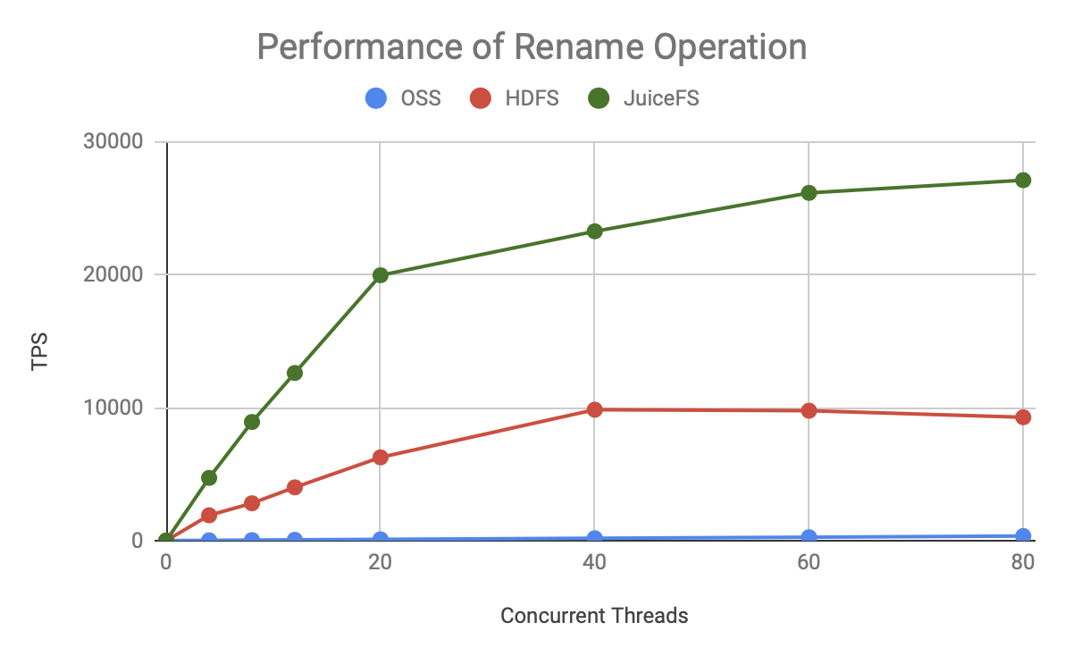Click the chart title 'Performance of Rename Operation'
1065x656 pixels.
point(532,46)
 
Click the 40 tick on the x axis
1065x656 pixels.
point(594,562)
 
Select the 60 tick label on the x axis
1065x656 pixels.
point(809,562)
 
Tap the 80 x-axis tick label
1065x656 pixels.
point(1023,562)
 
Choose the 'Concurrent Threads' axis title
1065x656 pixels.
point(594,616)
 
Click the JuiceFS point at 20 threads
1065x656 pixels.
point(381,275)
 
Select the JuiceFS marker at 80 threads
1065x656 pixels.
point(1023,181)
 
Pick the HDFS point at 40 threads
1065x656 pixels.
point(594,409)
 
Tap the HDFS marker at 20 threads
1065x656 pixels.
point(381,458)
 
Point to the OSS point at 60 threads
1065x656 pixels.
point(809,537)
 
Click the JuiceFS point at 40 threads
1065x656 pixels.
point(594,231)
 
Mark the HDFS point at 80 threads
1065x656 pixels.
point(1023,417)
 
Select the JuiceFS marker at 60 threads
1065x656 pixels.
point(809,193)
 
